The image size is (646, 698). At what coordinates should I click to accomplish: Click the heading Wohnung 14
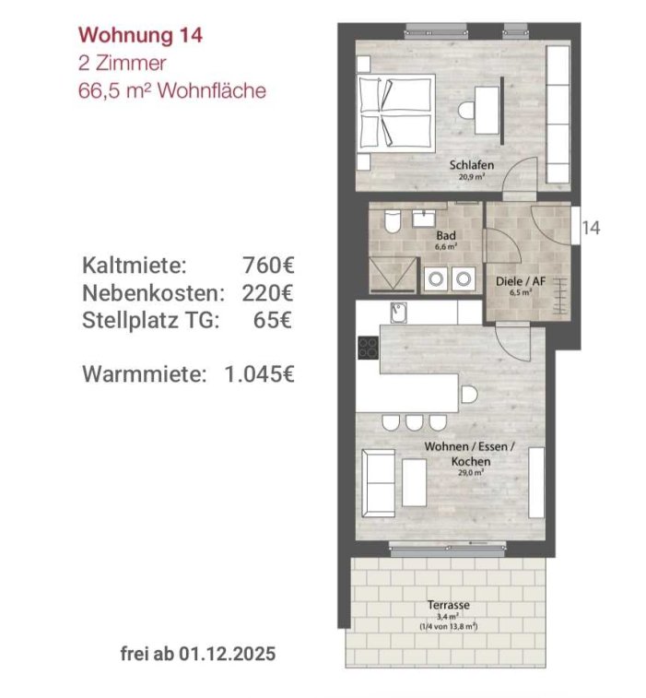coord(141,35)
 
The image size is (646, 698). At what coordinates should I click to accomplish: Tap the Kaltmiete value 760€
coord(268,266)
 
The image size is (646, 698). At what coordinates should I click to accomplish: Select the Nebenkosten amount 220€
coord(268,293)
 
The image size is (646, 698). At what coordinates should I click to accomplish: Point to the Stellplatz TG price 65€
coord(273,320)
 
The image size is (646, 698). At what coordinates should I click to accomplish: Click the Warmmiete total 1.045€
coord(259,374)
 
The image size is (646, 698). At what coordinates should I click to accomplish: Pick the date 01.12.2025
coord(228,654)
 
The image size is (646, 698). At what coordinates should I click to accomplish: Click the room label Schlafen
coord(472,165)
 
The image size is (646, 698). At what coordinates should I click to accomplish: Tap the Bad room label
coord(446,235)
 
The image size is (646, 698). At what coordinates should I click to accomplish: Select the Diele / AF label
coord(521,281)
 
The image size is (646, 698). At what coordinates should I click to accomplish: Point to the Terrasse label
coord(449,605)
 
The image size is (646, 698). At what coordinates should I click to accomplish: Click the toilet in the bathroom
coord(393,221)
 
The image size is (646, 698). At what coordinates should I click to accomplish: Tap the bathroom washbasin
coord(425,219)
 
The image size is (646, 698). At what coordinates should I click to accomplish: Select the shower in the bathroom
coord(393,275)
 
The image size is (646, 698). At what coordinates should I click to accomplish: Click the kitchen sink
coord(399,313)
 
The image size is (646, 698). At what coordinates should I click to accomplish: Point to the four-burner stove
coord(369,348)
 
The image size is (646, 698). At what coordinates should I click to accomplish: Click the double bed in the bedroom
coord(396,113)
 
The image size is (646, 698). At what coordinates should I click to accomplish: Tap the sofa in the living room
coord(378,483)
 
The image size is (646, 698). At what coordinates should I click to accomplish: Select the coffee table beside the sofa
coord(414,482)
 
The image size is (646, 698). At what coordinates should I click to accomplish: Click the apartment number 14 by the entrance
coord(592,228)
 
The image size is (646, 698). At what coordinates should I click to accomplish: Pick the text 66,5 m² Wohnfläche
coord(172,90)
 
